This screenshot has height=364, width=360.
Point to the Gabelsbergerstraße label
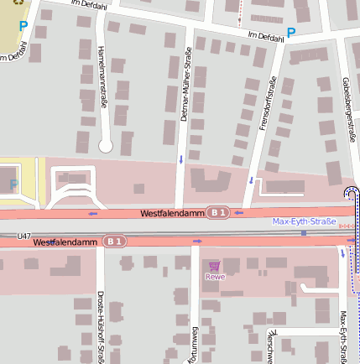coord(347,105)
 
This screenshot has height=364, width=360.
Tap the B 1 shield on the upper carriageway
coord(218,213)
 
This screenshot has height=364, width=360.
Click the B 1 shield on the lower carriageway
coord(114,242)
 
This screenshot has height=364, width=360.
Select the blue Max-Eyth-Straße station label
coord(303,221)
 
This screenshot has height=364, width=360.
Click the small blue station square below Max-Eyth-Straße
coord(304,233)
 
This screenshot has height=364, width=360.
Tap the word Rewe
coord(215,276)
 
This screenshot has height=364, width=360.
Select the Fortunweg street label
coord(192,344)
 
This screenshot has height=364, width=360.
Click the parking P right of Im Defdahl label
coord(291,33)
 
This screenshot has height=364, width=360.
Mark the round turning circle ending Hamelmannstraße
coord(106,146)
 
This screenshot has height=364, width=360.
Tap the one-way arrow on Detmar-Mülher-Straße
coord(181,159)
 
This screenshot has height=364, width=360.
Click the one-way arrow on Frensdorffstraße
coord(251,179)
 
